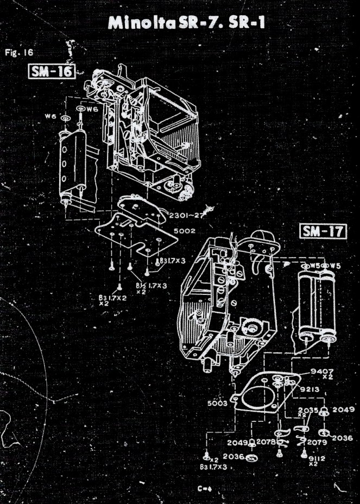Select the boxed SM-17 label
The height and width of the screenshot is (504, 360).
tap(324, 232)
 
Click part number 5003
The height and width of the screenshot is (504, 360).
tap(219, 404)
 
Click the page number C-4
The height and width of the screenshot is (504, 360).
tap(204, 488)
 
